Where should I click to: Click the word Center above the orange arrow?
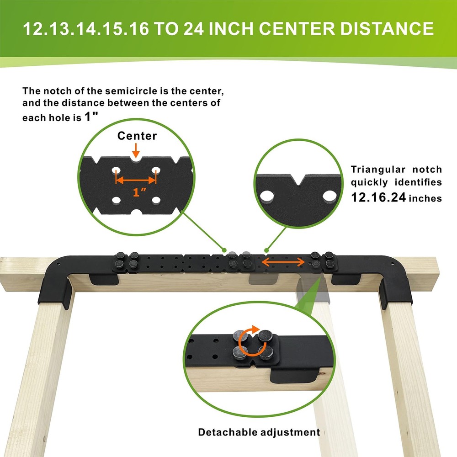[x=137, y=136]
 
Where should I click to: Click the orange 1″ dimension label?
[x=139, y=192]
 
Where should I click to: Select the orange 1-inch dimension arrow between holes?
[x=136, y=180]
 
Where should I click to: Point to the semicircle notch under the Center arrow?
[x=136, y=159]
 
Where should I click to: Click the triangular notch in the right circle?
[x=299, y=180]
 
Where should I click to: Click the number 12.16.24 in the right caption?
[x=378, y=197]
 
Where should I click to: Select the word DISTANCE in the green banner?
[x=387, y=28]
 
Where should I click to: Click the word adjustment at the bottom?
[x=290, y=432]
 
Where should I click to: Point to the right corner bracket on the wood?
[x=397, y=282]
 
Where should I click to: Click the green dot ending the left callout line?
[x=224, y=250]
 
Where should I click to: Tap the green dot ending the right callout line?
[x=266, y=250]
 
